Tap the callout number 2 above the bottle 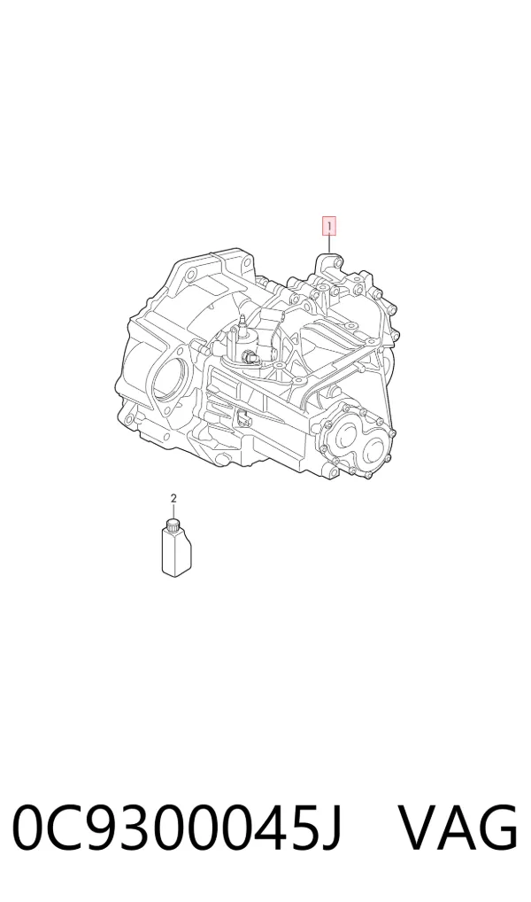point(173,498)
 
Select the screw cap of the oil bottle point(173,523)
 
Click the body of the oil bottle point(176,552)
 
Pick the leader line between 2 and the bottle point(173,511)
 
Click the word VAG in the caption point(458,828)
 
